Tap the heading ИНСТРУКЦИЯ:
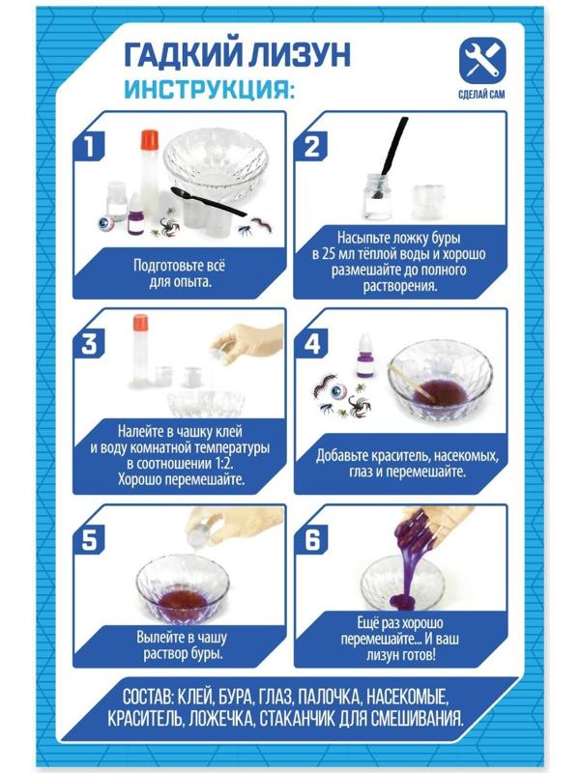pos(209,89)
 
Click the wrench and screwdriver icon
pos(481,60)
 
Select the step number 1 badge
pos(89,147)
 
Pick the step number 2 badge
pos(311,147)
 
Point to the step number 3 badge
pos(89,344)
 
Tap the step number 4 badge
pos(311,344)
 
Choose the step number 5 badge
pos(89,540)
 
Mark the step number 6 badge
pos(311,540)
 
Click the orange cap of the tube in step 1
pos(149,139)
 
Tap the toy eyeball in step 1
pos(105,225)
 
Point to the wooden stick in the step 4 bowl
pos(414,380)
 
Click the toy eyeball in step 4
pos(339,392)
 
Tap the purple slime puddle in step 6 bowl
pos(400,601)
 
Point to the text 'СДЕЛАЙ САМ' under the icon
pos(481,94)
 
